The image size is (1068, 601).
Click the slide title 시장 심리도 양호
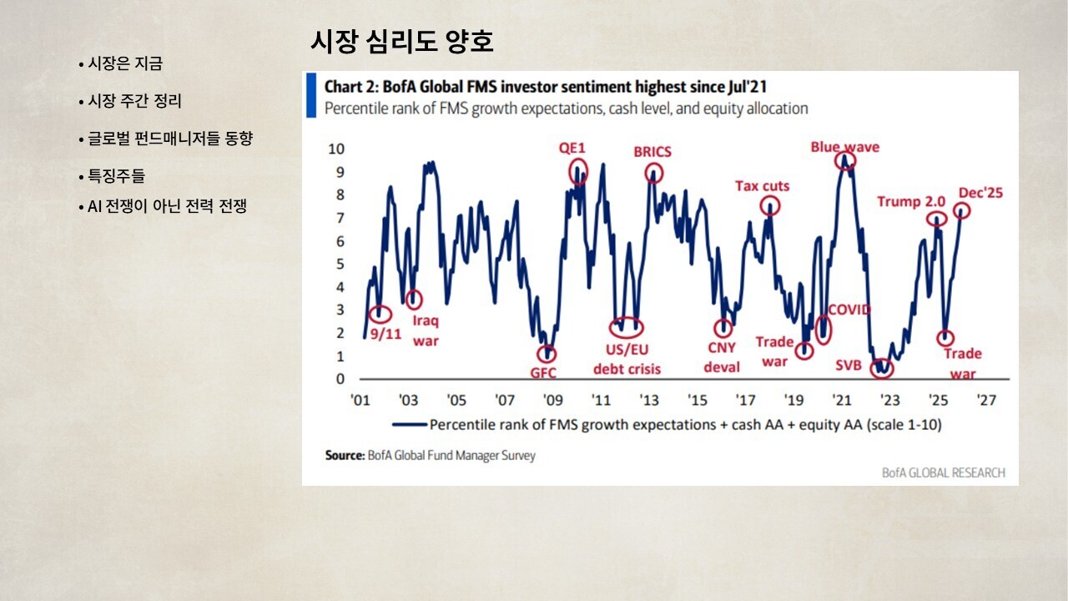(x=401, y=41)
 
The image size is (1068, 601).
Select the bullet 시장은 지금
(x=125, y=63)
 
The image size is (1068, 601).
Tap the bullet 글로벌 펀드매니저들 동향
(x=169, y=139)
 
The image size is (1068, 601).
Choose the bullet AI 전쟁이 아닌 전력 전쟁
(x=167, y=206)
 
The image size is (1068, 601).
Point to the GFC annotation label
(x=543, y=373)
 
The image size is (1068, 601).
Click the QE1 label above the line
(x=572, y=149)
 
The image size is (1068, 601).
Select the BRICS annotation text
(x=652, y=152)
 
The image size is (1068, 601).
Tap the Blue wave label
(x=845, y=147)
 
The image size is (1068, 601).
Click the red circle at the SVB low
(x=880, y=368)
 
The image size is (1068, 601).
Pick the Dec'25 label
(x=980, y=193)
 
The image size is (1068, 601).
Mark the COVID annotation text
(x=849, y=310)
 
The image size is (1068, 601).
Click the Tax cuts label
(x=762, y=186)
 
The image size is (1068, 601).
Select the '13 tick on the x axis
(x=649, y=400)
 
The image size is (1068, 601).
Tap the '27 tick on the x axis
(x=987, y=400)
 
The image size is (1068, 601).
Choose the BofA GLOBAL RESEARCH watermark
(x=944, y=472)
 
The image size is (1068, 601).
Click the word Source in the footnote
(x=345, y=456)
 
